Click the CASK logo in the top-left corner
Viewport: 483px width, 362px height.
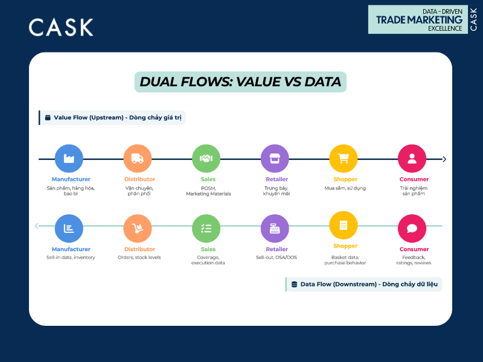click(x=61, y=27)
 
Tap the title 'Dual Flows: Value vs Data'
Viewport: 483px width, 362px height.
click(x=240, y=81)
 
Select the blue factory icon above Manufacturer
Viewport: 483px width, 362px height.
click(x=68, y=159)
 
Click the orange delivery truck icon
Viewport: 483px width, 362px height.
click(x=137, y=159)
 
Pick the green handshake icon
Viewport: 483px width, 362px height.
click(x=206, y=159)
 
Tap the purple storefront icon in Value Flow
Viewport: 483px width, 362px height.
click(x=275, y=159)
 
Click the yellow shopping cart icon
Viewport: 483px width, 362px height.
click(x=344, y=159)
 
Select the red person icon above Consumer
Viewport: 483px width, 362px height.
click(x=412, y=159)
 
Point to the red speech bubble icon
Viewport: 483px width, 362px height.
click(x=412, y=229)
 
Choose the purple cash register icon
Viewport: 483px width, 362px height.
click(x=275, y=229)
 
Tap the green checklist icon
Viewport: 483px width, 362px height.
click(x=206, y=229)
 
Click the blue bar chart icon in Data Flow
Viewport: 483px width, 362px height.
click(x=68, y=229)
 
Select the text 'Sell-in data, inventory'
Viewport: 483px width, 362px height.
click(x=71, y=258)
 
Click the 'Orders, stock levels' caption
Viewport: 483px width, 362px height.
click(x=139, y=258)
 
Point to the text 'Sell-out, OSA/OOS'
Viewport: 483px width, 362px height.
click(x=277, y=258)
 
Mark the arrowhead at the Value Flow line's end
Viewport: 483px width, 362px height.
click(x=444, y=159)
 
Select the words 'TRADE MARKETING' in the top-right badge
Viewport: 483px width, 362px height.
click(x=419, y=19)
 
